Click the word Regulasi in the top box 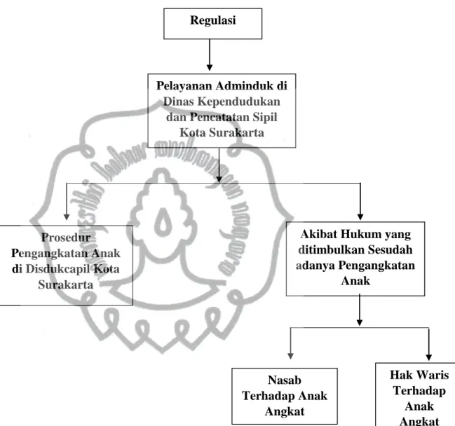point(212,20)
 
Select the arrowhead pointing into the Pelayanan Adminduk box point(209,67)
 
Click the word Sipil point(264,117)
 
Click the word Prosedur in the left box point(66,238)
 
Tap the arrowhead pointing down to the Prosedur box point(67,217)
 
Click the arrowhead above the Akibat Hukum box point(360,217)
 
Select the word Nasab point(285,380)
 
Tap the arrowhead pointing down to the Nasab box point(290,356)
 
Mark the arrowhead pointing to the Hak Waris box point(429,357)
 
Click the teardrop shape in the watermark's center point(163,222)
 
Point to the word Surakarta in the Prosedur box point(66,284)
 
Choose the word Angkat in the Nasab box point(285,412)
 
